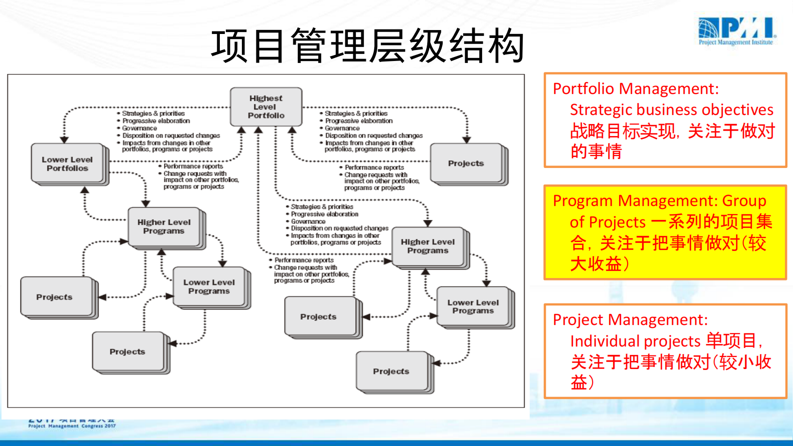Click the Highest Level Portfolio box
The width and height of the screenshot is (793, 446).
click(266, 106)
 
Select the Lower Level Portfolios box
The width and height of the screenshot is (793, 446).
click(67, 163)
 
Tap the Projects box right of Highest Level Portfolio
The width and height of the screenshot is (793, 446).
click(466, 163)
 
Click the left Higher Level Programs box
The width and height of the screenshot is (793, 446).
click(164, 226)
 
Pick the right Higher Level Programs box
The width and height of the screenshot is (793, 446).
click(428, 246)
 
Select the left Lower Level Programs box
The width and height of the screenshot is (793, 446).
click(209, 286)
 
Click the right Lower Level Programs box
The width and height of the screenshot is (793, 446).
click(473, 306)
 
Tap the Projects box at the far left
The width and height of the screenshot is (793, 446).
click(54, 296)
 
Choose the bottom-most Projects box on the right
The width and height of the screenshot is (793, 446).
click(391, 371)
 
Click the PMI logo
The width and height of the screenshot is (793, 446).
click(736, 31)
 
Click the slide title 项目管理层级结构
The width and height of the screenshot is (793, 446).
click(367, 46)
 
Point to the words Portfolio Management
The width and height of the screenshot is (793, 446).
click(635, 89)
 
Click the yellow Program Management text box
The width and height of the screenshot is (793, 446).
click(665, 232)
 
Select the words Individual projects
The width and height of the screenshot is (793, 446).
click(635, 341)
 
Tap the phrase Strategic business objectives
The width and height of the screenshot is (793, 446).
click(671, 110)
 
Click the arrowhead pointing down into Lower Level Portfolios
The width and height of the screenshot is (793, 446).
click(64, 140)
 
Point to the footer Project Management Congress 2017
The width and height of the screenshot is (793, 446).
click(71, 426)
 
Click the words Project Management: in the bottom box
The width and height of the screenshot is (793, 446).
click(630, 319)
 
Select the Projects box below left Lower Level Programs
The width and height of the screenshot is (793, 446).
click(127, 351)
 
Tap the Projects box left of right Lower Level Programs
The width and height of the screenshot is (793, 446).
click(318, 316)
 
